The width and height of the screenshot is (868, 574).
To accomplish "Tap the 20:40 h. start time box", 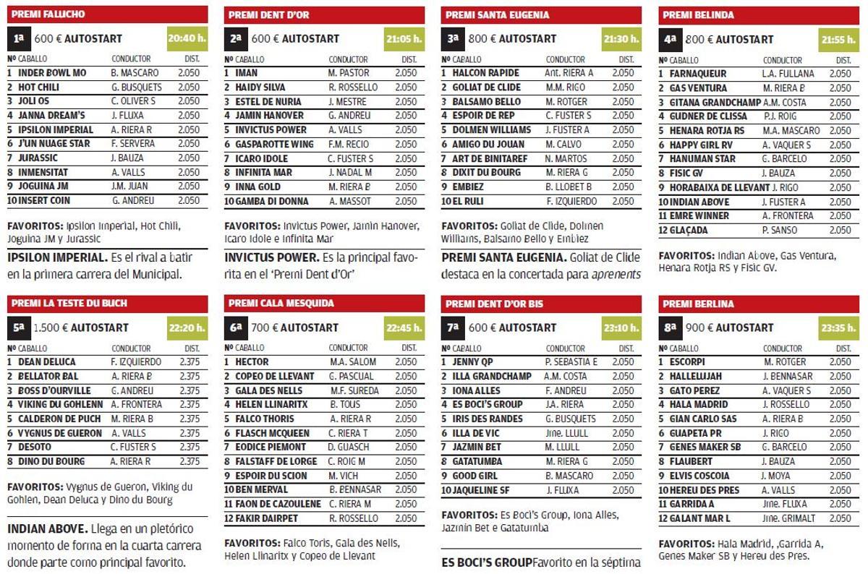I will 186,38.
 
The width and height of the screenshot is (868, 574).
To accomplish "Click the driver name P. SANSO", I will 779,231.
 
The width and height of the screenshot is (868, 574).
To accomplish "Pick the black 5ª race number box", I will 19,327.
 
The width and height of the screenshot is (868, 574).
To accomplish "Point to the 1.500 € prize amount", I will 48,327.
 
